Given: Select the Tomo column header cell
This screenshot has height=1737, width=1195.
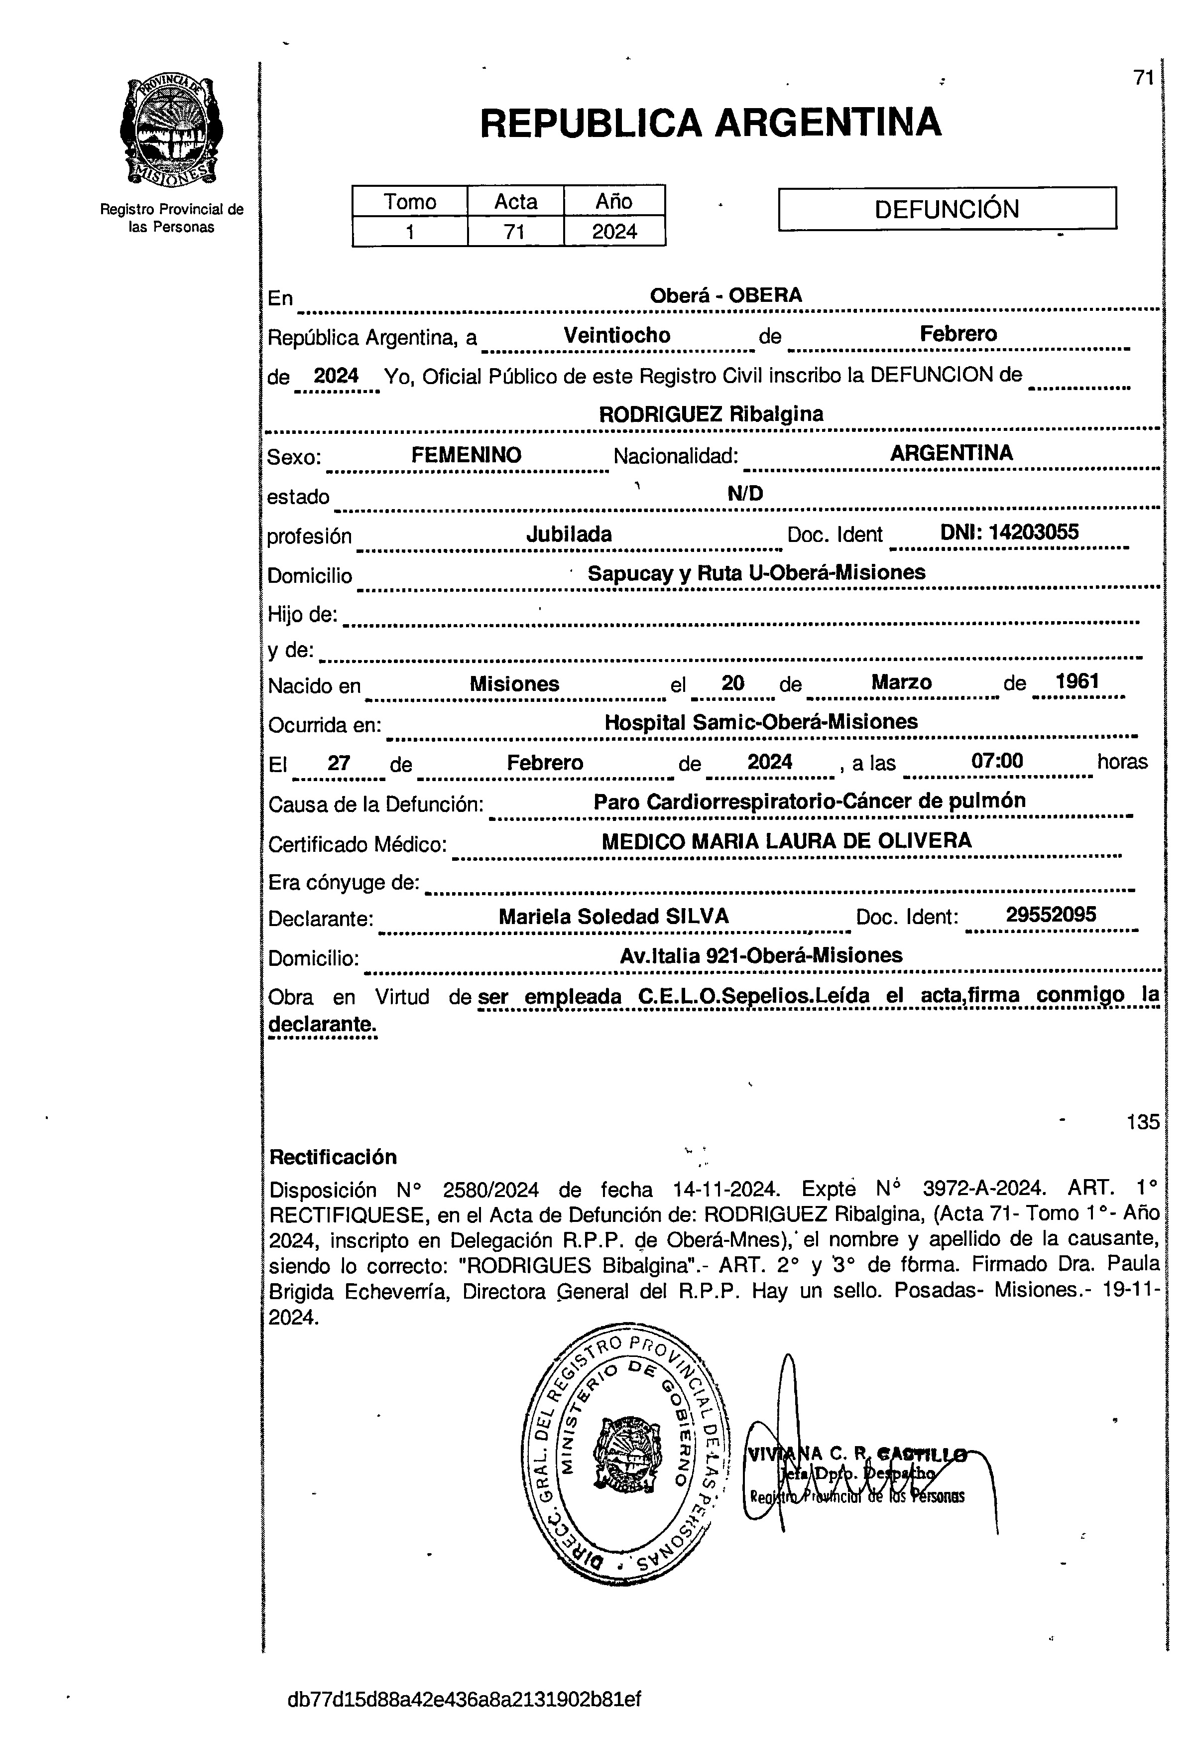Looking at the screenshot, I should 410,201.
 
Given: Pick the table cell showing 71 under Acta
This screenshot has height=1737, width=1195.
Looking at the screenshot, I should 514,232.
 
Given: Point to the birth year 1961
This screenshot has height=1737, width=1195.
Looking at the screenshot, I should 1076,681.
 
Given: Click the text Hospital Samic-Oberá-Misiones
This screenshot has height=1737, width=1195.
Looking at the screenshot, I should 761,722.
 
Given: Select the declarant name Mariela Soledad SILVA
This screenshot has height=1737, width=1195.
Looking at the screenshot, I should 613,916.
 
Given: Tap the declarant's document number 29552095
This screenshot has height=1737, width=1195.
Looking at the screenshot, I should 1051,915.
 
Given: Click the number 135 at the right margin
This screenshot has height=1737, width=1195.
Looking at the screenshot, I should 1142,1122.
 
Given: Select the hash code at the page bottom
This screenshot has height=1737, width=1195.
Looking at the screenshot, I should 464,1699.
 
